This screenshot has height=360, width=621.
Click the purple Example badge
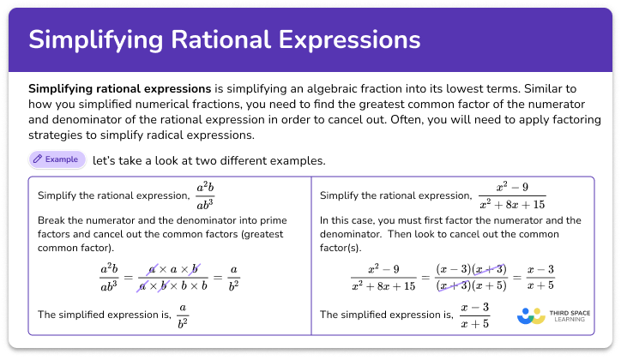tap(57, 159)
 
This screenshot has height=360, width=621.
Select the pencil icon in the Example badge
tap(37, 159)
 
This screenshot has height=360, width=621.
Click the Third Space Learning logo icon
tap(530, 315)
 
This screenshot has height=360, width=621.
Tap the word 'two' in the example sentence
tap(212, 160)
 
